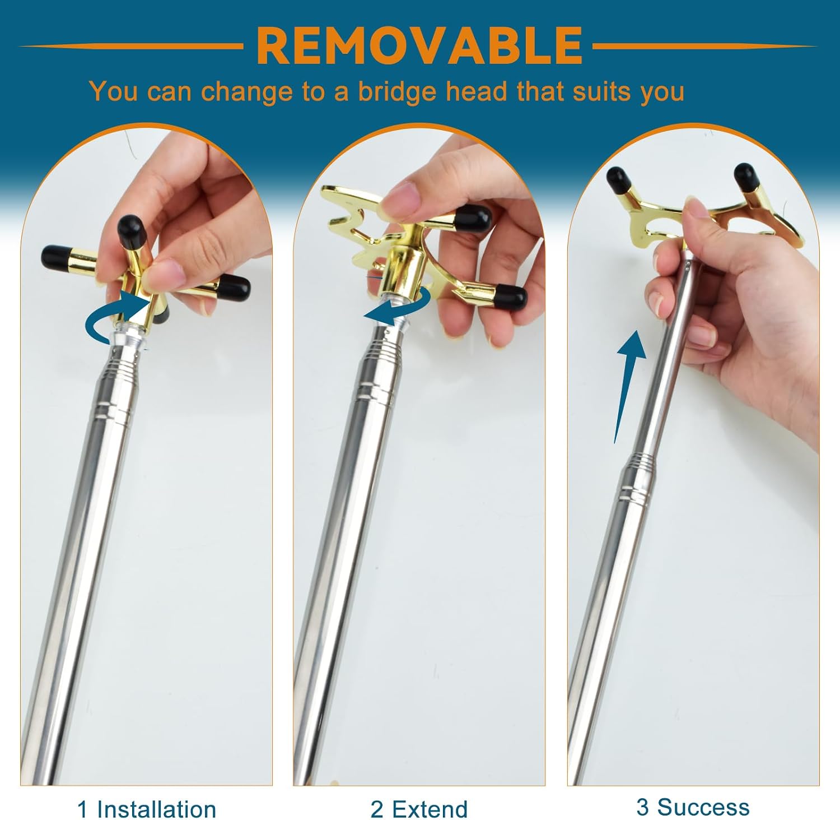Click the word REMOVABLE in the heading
419,46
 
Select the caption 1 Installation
147,809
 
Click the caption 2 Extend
419,809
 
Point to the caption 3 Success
693,807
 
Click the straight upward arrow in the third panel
628,387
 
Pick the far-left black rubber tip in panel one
55,257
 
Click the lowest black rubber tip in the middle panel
511,298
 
